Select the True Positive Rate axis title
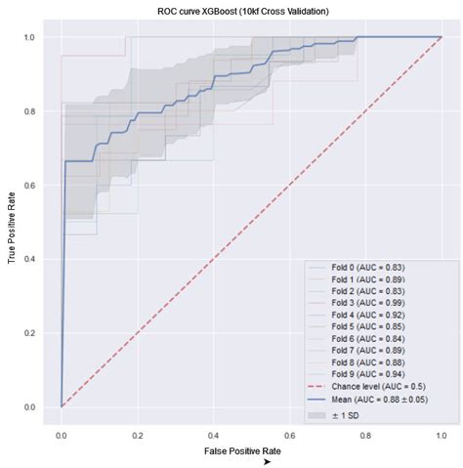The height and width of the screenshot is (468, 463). tap(13, 223)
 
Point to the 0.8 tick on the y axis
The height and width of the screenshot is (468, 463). tap(30, 111)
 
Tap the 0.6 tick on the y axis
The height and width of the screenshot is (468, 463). tap(30, 186)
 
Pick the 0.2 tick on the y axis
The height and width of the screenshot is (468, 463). tap(30, 333)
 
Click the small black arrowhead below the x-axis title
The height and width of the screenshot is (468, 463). tap(267, 461)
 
